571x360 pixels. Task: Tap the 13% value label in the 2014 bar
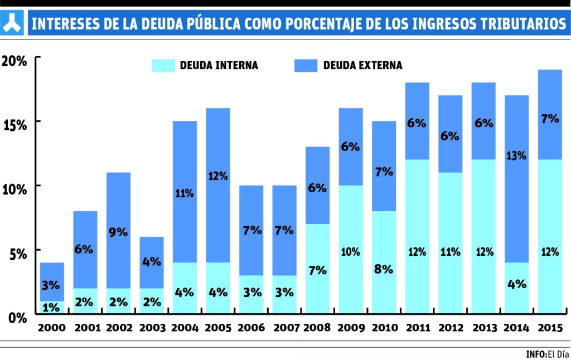(516, 155)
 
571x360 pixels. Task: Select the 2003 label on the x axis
(151, 328)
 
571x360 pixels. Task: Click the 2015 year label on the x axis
(549, 328)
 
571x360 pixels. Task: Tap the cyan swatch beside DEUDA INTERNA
(163, 65)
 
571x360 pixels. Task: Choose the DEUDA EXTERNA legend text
(362, 65)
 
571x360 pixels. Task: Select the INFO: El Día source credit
(547, 354)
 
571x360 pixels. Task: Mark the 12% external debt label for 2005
(217, 176)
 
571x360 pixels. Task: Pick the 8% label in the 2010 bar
(384, 269)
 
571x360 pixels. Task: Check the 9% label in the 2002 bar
(118, 231)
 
